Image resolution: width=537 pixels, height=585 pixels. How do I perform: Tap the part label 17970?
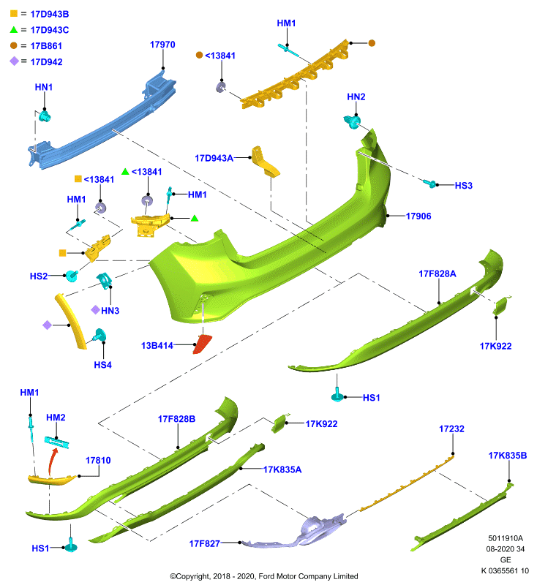[x=162, y=45]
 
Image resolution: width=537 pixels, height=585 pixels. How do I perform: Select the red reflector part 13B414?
[x=202, y=344]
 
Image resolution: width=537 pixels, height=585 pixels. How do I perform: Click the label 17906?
[x=418, y=216]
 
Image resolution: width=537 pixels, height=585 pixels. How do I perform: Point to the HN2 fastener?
[x=352, y=121]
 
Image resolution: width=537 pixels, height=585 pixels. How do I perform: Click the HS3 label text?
[x=464, y=186]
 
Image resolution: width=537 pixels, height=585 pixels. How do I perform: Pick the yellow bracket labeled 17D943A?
[x=265, y=162]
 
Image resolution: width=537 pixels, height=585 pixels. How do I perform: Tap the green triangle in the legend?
[x=14, y=30]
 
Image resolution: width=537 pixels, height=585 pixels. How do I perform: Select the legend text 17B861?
[x=46, y=46]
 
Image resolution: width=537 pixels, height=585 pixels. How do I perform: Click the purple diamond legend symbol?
[x=14, y=61]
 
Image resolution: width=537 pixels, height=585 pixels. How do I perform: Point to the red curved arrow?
[x=52, y=462]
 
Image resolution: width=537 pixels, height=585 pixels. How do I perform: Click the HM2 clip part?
[x=57, y=443]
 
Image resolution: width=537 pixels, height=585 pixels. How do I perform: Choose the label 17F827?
[x=205, y=543]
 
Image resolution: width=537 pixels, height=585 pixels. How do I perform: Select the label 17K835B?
[x=508, y=456]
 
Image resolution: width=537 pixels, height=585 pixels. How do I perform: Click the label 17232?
[x=451, y=429]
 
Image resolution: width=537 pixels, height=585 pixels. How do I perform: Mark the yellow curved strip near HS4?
[x=71, y=321]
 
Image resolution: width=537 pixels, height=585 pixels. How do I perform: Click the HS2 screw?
[x=72, y=276]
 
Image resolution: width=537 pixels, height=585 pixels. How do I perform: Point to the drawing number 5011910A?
[x=506, y=538]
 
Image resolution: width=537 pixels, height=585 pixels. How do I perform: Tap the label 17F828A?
[x=438, y=273]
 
